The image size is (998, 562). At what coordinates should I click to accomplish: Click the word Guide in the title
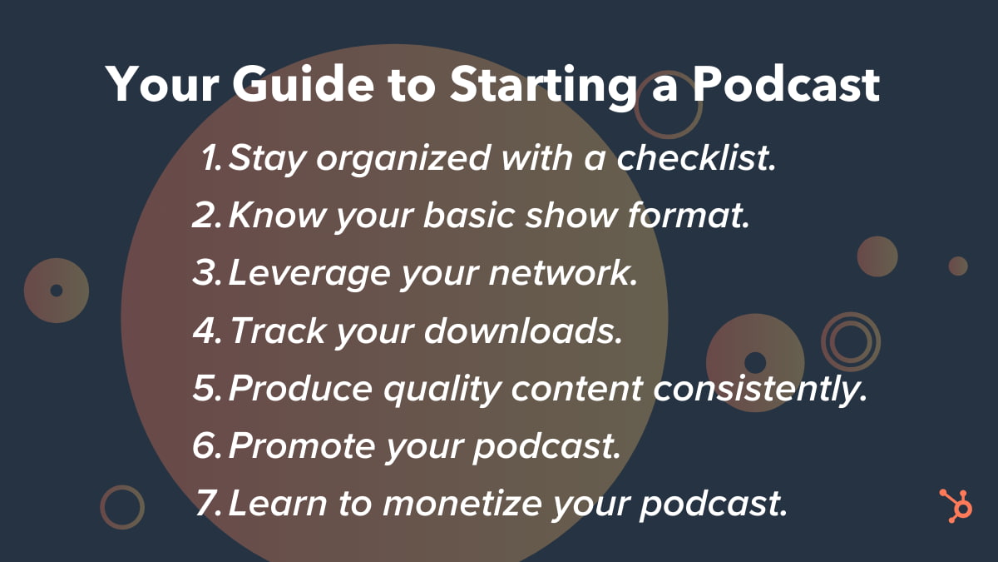coord(303,84)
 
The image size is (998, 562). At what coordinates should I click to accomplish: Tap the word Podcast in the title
coord(786,84)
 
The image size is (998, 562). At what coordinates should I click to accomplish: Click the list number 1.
coord(211,157)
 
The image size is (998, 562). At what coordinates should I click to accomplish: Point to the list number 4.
coord(207,331)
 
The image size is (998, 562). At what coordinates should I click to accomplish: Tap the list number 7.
coord(208,503)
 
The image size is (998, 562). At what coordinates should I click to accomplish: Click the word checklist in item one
coord(696,157)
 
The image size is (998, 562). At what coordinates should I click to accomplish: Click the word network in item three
coord(563,272)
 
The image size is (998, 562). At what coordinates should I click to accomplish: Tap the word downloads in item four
coord(523,331)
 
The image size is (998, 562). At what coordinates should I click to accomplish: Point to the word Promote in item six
coord(302,445)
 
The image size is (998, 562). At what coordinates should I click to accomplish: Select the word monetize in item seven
coord(462,503)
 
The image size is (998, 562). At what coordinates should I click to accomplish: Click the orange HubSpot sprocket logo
coord(956,506)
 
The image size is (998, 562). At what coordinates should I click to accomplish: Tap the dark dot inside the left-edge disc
coord(57,291)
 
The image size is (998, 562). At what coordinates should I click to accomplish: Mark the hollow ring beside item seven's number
coord(102,507)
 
